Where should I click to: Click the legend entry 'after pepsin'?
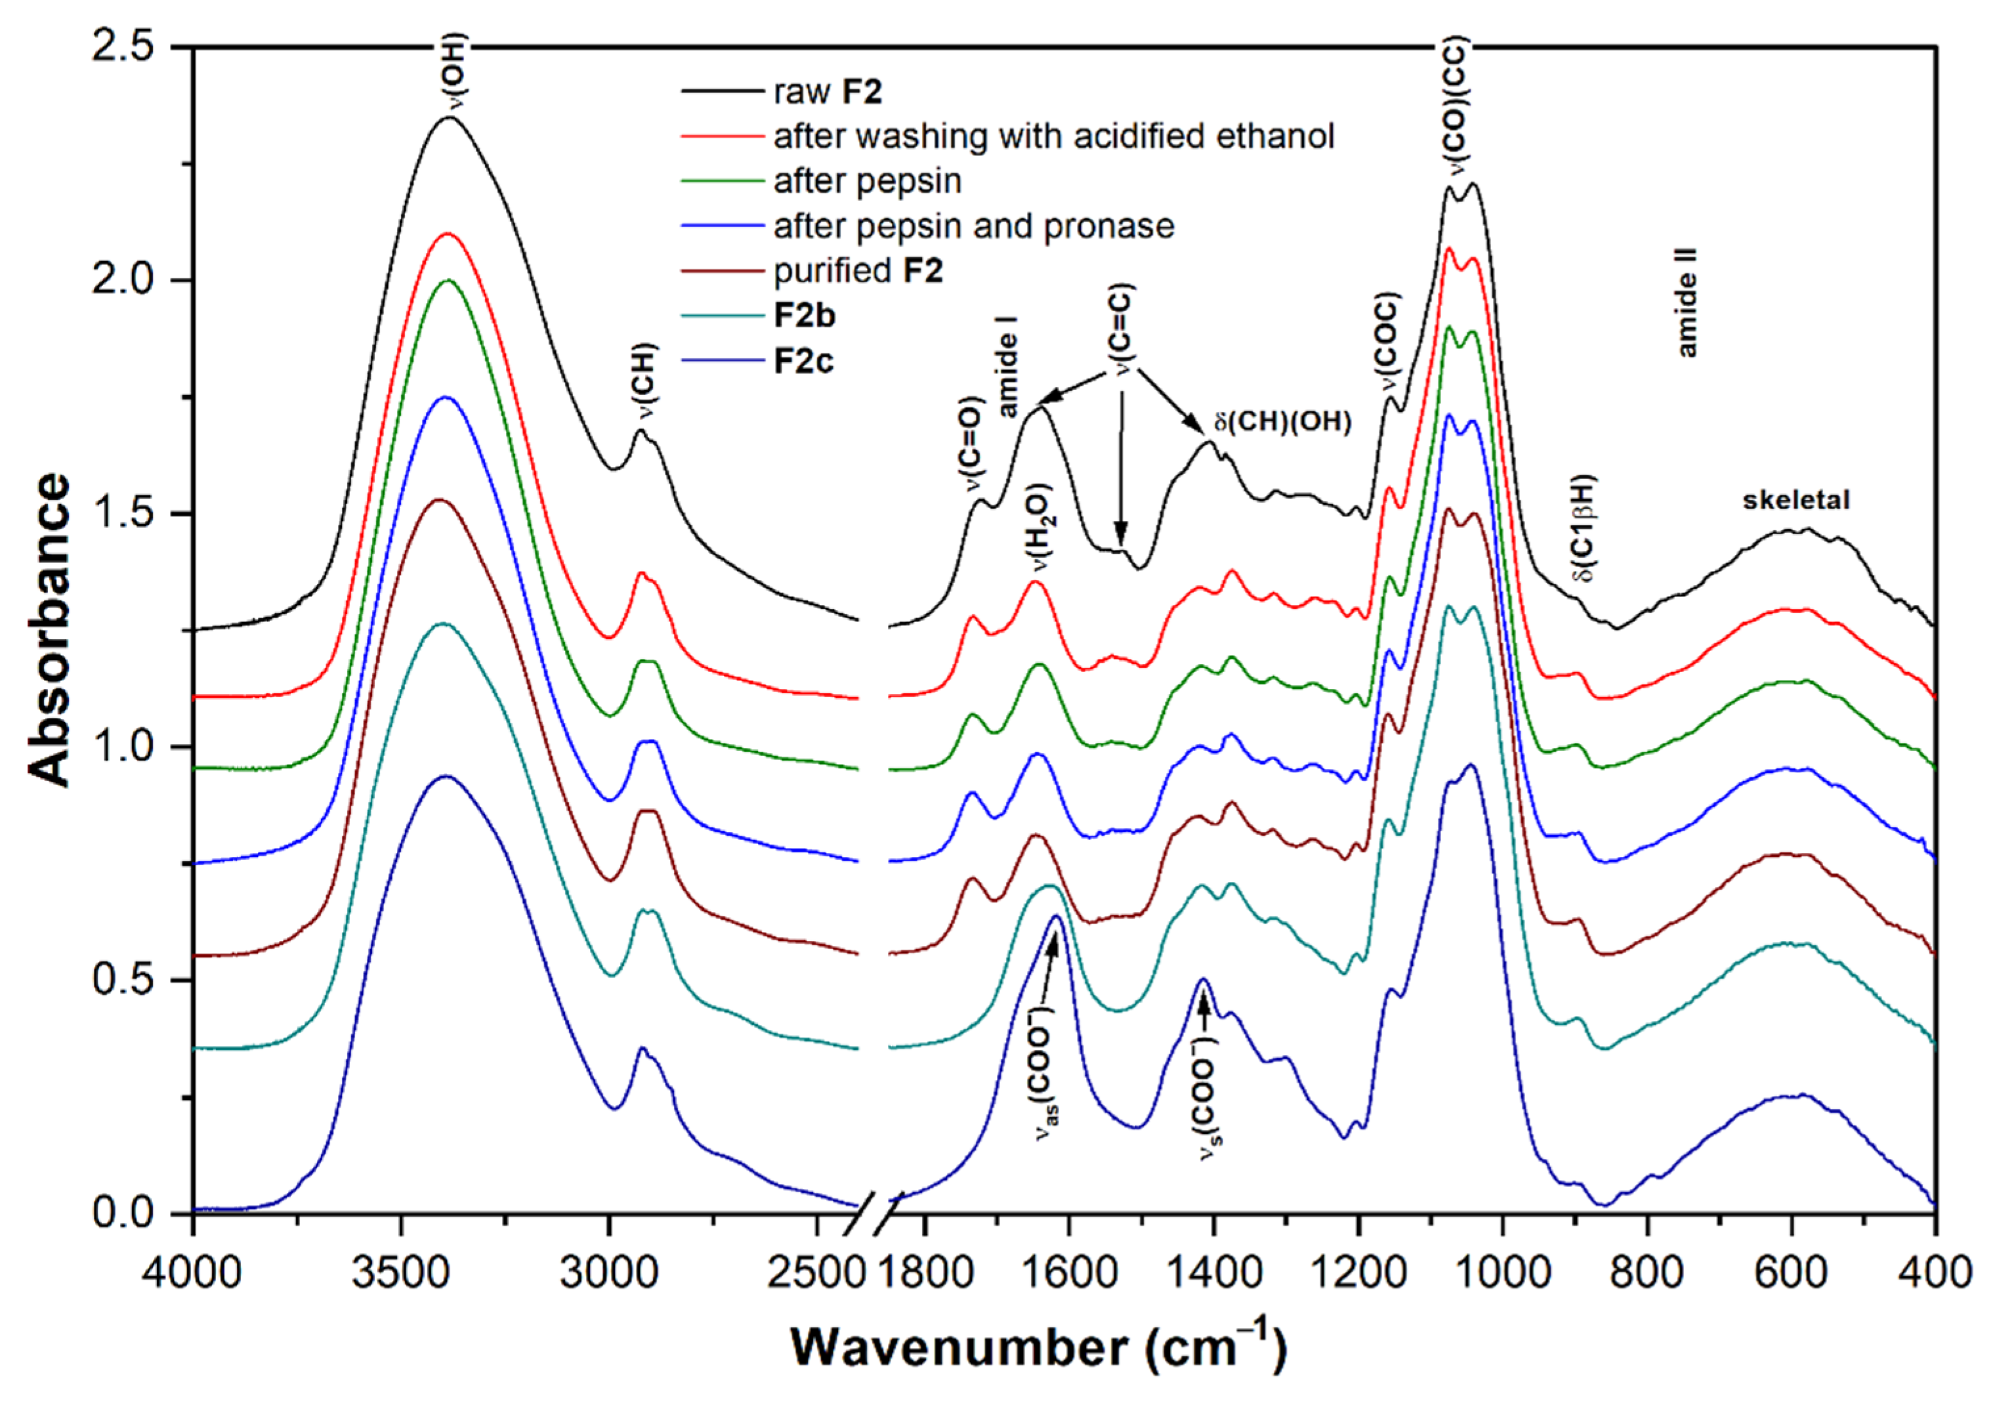(867, 182)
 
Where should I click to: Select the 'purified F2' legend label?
(858, 271)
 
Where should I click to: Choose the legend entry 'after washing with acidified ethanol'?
(1053, 136)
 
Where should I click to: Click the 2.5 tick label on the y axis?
(121, 45)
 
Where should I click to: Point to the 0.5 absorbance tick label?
(121, 980)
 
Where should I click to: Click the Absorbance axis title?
(49, 630)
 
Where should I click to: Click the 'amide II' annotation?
(1687, 303)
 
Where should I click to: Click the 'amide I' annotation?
(1007, 367)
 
